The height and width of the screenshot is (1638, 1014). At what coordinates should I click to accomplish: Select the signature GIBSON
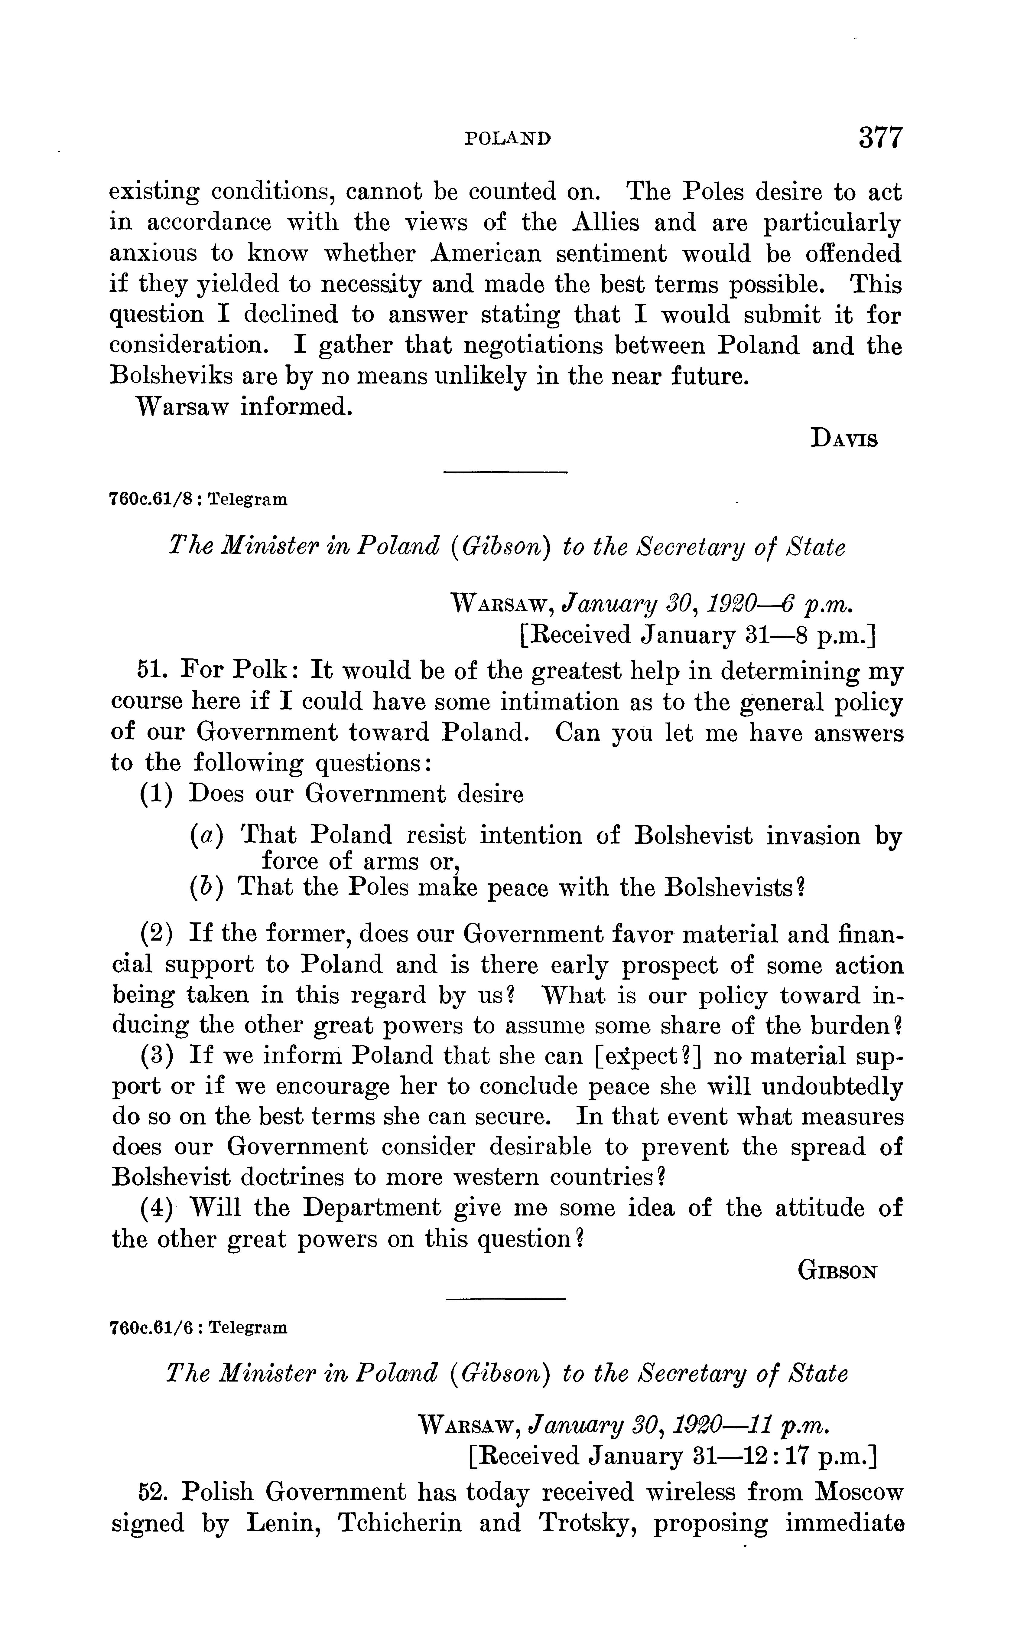click(838, 1271)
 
